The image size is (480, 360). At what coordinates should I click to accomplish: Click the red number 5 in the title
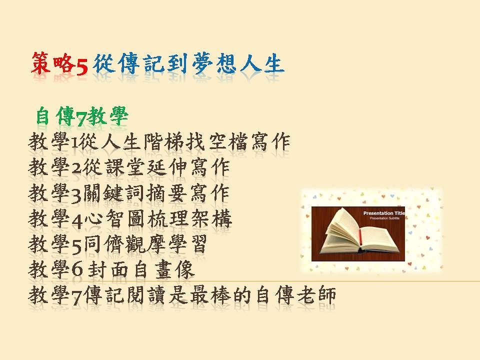pos(81,66)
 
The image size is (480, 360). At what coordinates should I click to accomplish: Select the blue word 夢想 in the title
pos(214,63)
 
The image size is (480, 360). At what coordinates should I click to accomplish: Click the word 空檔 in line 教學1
pos(228,142)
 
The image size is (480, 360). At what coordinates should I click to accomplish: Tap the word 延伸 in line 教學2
pos(167,168)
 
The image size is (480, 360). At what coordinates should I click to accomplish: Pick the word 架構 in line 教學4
pos(211,219)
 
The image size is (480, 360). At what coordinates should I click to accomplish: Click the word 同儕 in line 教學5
pos(103,245)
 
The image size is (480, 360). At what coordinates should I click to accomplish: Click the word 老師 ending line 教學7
pos(316,296)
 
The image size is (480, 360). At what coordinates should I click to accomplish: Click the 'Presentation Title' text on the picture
pos(384,213)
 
